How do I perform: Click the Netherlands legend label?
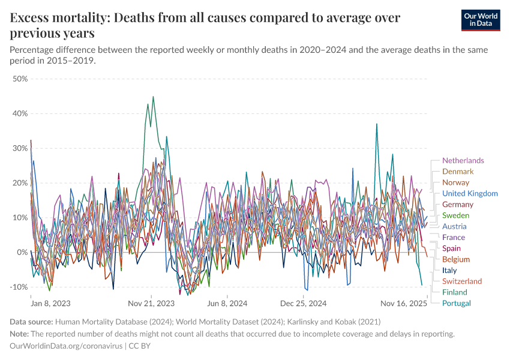[463, 160]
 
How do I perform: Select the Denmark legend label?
[458, 172]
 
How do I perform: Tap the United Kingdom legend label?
[470, 193]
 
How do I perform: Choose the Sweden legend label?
[455, 215]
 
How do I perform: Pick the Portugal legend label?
[457, 303]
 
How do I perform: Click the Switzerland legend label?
[462, 281]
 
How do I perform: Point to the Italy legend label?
[449, 270]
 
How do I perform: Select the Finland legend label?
[455, 292]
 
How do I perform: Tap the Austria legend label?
[454, 226]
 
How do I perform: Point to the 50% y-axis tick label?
[20, 79]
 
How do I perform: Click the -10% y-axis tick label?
[19, 287]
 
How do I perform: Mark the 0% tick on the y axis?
[22, 252]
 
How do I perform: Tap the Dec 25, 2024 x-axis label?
[304, 304]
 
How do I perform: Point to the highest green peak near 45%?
[153, 97]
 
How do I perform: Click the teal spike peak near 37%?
[376, 124]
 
